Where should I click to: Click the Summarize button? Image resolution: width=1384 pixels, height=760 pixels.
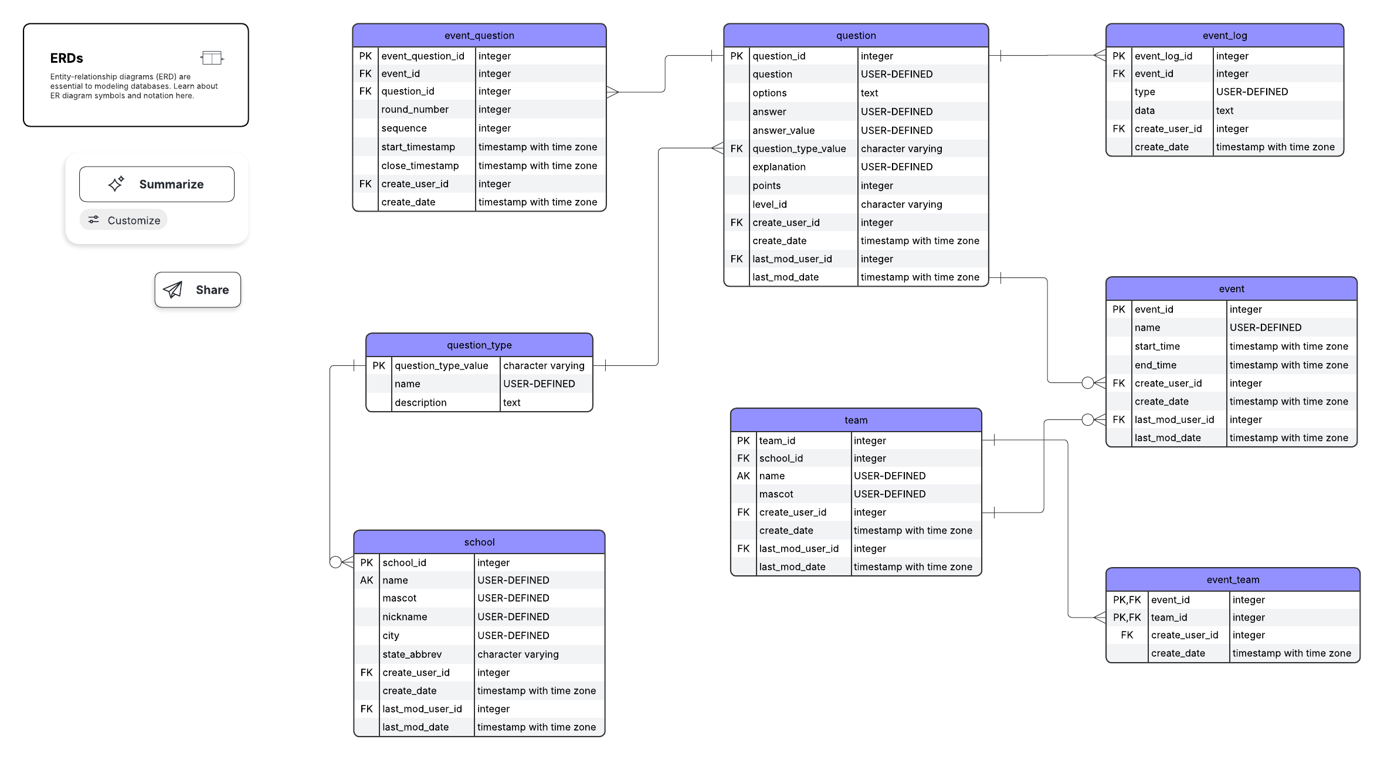click(x=157, y=184)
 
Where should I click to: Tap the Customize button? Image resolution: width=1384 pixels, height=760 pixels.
click(x=124, y=220)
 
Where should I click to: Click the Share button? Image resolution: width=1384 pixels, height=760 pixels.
click(x=198, y=290)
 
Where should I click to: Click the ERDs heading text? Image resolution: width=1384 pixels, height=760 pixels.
click(x=66, y=58)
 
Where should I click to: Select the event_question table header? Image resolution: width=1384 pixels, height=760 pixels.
click(x=479, y=35)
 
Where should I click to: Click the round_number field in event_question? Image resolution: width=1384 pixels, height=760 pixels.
click(x=415, y=109)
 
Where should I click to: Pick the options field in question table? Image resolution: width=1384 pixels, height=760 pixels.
click(x=769, y=93)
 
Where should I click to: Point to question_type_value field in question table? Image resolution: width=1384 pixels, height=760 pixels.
click(x=799, y=148)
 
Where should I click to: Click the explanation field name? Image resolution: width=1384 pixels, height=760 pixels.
click(x=779, y=167)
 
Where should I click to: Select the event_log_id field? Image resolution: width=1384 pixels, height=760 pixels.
click(x=1163, y=56)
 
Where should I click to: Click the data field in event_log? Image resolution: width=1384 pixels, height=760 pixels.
click(x=1144, y=110)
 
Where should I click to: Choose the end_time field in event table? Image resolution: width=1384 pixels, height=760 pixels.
click(x=1155, y=365)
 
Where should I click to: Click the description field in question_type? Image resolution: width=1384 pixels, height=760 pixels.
click(x=420, y=402)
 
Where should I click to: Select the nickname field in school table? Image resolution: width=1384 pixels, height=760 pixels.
click(x=405, y=616)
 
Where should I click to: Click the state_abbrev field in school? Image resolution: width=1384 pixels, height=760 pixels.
click(x=412, y=654)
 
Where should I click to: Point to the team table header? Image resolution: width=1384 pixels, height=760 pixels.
click(x=856, y=420)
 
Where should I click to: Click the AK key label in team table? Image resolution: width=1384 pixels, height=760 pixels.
click(x=743, y=476)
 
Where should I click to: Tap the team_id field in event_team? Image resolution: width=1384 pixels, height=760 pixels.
click(x=1169, y=617)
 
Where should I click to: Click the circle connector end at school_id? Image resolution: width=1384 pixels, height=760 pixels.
click(x=335, y=562)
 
